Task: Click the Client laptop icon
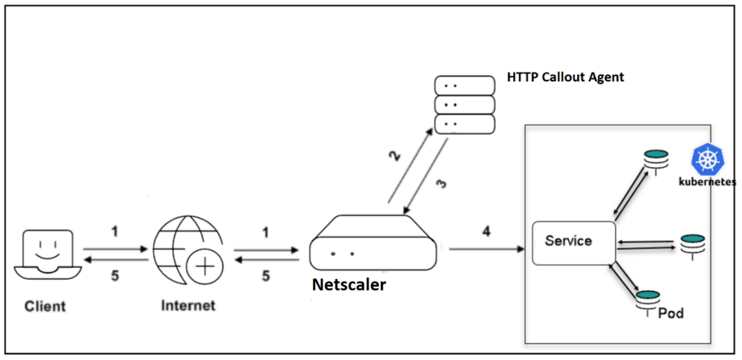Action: tap(47, 255)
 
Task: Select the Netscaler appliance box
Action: tap(373, 243)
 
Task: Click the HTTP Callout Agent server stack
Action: tap(464, 105)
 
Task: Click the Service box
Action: tap(573, 243)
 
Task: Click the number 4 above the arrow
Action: tap(486, 232)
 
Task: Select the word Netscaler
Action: tap(349, 285)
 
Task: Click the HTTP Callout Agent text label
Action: tap(565, 77)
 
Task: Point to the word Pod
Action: tap(671, 313)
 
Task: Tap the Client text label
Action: tap(46, 306)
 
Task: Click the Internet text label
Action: tap(188, 305)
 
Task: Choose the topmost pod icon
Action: tap(656, 159)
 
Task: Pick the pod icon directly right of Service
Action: tap(693, 244)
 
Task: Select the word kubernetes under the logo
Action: tap(707, 182)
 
